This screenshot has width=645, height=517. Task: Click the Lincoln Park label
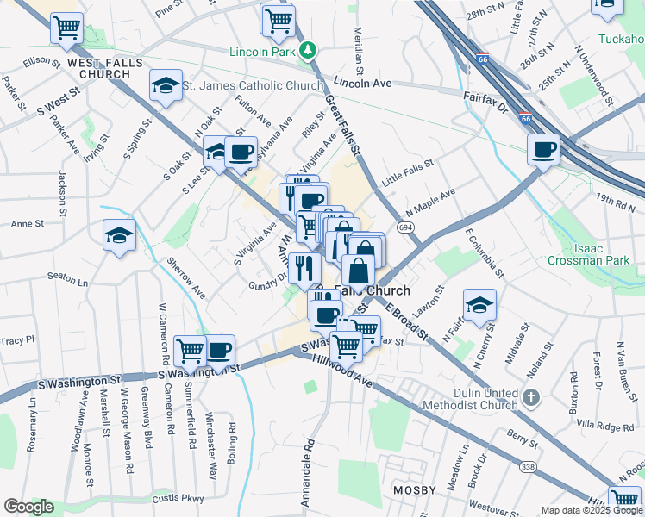pyautogui.click(x=262, y=51)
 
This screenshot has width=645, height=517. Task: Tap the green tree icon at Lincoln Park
pyautogui.click(x=308, y=51)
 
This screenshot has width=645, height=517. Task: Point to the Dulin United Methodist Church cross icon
pyautogui.click(x=532, y=398)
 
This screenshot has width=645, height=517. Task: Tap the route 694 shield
pyautogui.click(x=404, y=226)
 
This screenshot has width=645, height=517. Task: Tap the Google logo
pyautogui.click(x=28, y=507)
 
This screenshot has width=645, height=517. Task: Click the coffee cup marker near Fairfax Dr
pyautogui.click(x=543, y=150)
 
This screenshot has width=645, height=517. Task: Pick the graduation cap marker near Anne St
pyautogui.click(x=119, y=235)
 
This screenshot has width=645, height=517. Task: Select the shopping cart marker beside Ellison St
pyautogui.click(x=66, y=26)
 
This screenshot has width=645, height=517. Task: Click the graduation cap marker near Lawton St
pyautogui.click(x=479, y=304)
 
